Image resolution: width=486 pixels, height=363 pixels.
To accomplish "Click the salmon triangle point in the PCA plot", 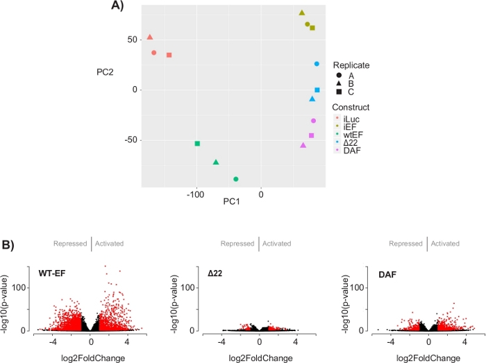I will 150,37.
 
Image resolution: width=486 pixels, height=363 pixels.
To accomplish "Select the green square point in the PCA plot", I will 197,144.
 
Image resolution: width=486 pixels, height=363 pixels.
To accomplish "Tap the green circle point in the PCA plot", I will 236,179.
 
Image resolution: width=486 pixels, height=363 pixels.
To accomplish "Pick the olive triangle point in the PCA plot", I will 302,12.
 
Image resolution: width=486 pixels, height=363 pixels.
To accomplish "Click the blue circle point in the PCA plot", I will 317,64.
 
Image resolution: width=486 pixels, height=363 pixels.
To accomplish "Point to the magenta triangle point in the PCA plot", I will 303,145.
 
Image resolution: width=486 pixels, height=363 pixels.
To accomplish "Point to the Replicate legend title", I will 351,65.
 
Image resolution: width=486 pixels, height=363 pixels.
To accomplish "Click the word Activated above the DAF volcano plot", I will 444,244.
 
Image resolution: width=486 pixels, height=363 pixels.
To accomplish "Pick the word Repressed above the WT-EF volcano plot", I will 70,244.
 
